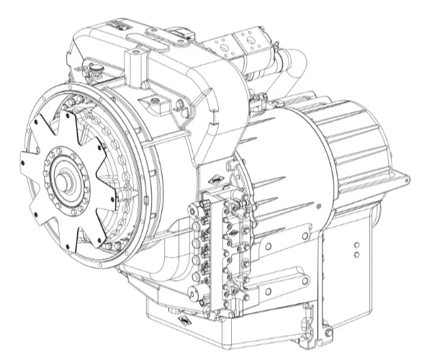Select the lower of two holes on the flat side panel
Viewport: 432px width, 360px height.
pyautogui.click(x=356, y=255)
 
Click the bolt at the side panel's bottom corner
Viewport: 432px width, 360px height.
pyautogui.click(x=328, y=333)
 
